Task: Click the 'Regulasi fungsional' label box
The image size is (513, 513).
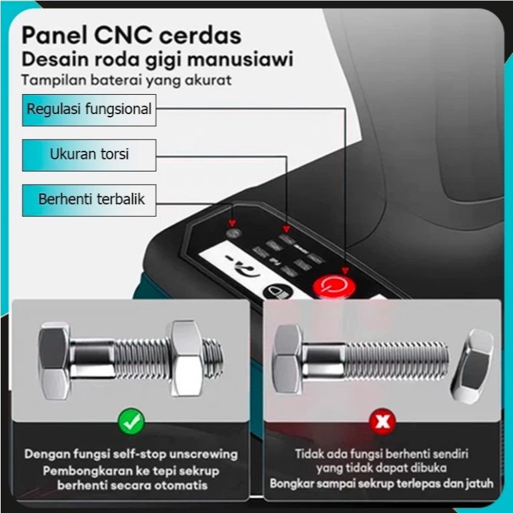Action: (89, 109)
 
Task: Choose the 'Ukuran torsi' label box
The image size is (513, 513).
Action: (89, 155)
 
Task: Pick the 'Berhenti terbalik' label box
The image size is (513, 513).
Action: (89, 199)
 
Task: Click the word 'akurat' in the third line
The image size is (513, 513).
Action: (211, 81)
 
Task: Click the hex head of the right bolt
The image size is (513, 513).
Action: (288, 358)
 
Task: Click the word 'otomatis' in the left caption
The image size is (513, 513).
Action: (195, 485)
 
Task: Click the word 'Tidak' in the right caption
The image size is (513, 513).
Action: (310, 454)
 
